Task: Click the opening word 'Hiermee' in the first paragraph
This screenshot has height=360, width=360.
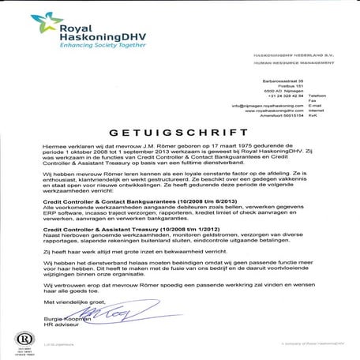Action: (x=56, y=145)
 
